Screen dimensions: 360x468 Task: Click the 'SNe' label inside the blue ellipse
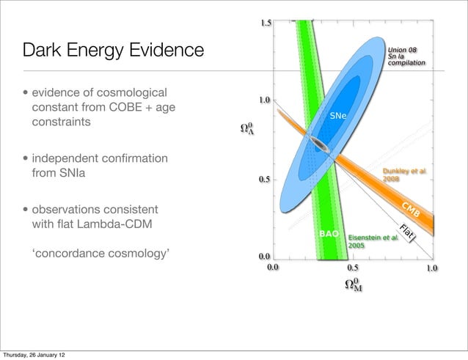tap(338, 116)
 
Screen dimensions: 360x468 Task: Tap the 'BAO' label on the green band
tap(329, 234)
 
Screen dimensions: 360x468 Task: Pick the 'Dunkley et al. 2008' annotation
tap(403, 175)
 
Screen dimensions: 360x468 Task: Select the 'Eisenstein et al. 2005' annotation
tap(373, 242)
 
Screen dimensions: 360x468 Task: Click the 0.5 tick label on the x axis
tap(353, 268)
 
